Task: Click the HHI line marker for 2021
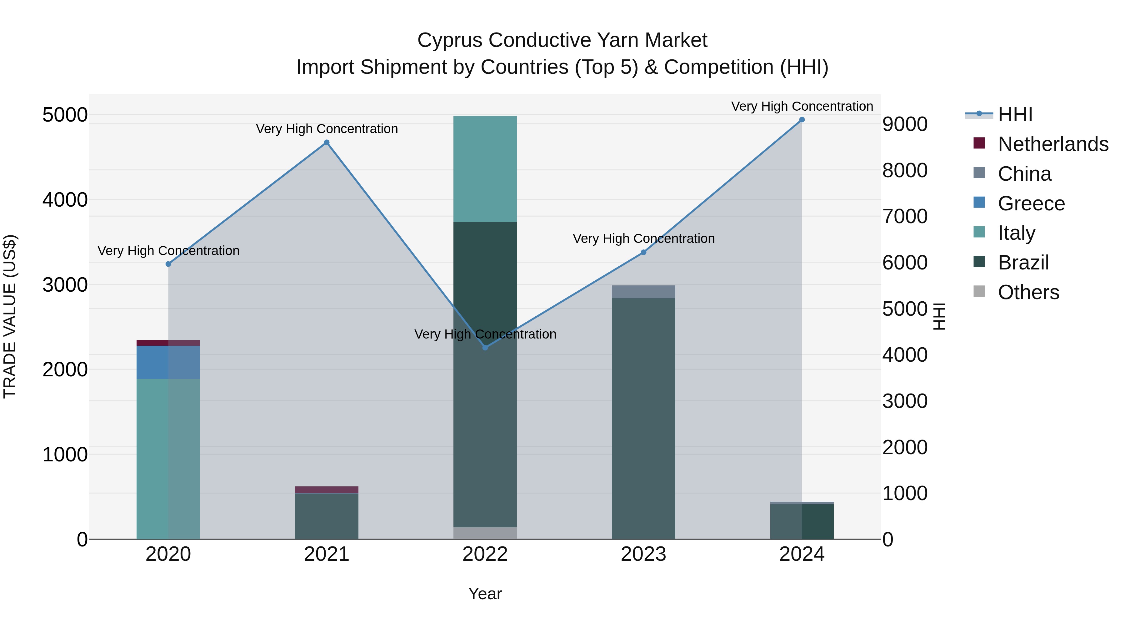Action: pyautogui.click(x=326, y=143)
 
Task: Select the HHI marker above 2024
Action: pyautogui.click(x=802, y=120)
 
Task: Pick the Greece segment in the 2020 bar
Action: pyautogui.click(x=168, y=362)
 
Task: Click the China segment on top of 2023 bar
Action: pyautogui.click(x=643, y=291)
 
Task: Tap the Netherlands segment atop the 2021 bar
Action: pyautogui.click(x=326, y=490)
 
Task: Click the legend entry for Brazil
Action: pyautogui.click(x=1023, y=263)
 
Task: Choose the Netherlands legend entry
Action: pyautogui.click(x=1052, y=144)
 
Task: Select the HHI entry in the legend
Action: pyautogui.click(x=1014, y=114)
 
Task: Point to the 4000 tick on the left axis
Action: pyautogui.click(x=65, y=200)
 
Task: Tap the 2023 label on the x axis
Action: pyautogui.click(x=643, y=554)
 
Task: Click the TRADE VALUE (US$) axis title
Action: pyautogui.click(x=10, y=316)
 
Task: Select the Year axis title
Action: pyautogui.click(x=485, y=594)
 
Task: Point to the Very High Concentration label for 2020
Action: pyautogui.click(x=168, y=251)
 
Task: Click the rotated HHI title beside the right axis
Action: pyautogui.click(x=939, y=316)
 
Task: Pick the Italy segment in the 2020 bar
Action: pyautogui.click(x=168, y=459)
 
